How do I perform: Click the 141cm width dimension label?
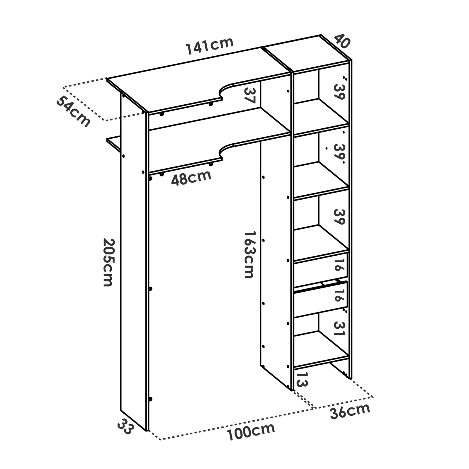[x=210, y=46]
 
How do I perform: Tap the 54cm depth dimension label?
[x=73, y=112]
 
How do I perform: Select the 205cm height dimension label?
[x=108, y=262]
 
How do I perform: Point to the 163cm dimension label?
[x=249, y=254]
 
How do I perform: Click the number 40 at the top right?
[x=342, y=41]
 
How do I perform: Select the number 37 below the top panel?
[x=250, y=96]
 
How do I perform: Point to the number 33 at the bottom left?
[x=125, y=426]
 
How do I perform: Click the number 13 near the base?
[x=302, y=380]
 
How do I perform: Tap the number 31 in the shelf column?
[x=339, y=329]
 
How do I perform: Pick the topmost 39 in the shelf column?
[x=339, y=92]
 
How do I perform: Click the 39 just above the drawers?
[x=339, y=217]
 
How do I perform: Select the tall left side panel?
[x=133, y=262]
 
